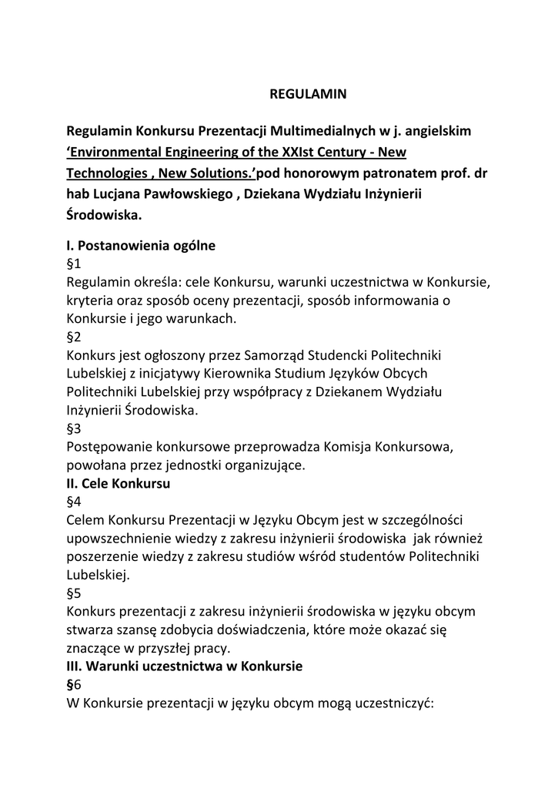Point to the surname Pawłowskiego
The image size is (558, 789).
click(x=184, y=195)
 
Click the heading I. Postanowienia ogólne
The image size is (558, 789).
click(x=141, y=247)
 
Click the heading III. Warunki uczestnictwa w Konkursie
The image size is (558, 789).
click(x=185, y=666)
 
